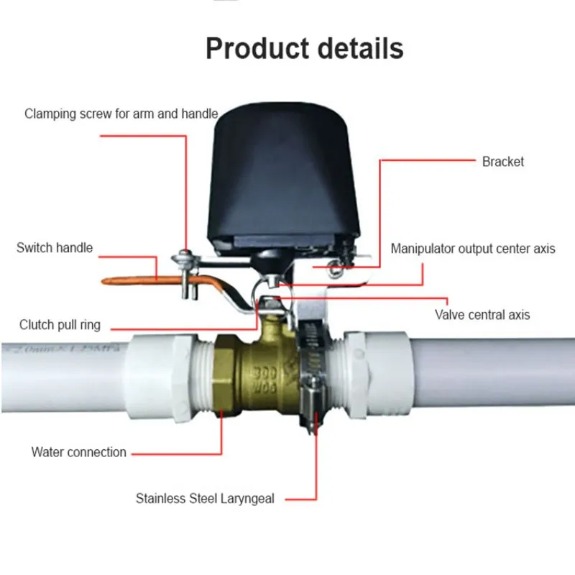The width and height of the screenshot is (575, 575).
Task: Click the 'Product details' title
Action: pos(304,48)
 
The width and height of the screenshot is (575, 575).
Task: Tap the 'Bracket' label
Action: pos(502,162)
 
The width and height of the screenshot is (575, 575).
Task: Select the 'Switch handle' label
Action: pos(55,248)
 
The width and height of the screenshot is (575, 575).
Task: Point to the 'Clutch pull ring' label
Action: pos(60,325)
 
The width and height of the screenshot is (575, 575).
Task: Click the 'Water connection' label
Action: pos(79,452)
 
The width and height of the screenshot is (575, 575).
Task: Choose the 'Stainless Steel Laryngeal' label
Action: pos(205,499)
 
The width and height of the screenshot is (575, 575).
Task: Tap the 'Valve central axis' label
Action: pos(482,315)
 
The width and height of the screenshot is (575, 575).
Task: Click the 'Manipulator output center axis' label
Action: pos(473,249)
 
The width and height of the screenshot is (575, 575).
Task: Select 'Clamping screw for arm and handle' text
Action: pos(121,114)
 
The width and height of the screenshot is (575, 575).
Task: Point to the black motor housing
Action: pos(282,176)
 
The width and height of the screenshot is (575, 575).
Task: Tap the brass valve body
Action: pos(257,370)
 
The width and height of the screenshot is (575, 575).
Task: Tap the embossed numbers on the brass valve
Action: pos(264,380)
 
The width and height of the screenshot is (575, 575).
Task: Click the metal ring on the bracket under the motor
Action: pos(336,270)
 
